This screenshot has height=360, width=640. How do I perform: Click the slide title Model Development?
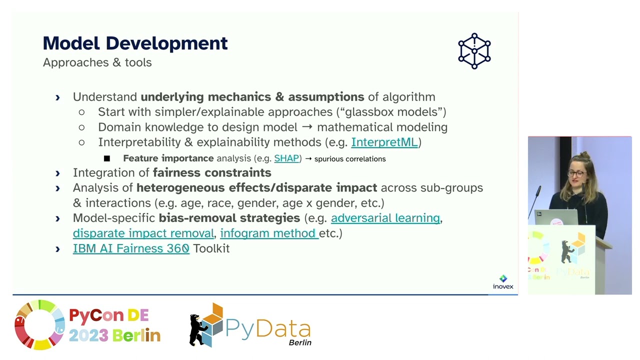pyautogui.click(x=135, y=43)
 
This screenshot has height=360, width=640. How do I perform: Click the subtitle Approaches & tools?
pyautogui.click(x=97, y=62)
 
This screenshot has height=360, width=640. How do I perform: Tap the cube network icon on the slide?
pyautogui.click(x=474, y=51)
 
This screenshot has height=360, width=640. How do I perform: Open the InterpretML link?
pyautogui.click(x=384, y=142)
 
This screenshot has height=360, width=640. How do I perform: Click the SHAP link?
pyautogui.click(x=286, y=158)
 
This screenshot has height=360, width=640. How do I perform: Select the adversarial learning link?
pyautogui.click(x=385, y=218)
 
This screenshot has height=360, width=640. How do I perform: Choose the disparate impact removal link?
pyautogui.click(x=143, y=233)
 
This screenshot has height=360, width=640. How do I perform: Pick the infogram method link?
pyautogui.click(x=268, y=233)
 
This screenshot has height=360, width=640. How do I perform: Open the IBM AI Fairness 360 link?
pyautogui.click(x=131, y=248)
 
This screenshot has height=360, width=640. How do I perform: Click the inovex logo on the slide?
pyautogui.click(x=503, y=282)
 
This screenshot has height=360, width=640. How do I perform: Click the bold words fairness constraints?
pyautogui.click(x=212, y=172)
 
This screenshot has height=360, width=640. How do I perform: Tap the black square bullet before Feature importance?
pyautogui.click(x=107, y=158)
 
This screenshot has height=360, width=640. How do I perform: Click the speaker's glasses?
pyautogui.click(x=576, y=173)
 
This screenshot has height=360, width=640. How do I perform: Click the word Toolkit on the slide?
pyautogui.click(x=211, y=248)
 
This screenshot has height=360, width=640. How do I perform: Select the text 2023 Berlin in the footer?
pyautogui.click(x=114, y=335)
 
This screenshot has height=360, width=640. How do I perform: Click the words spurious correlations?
pyautogui.click(x=350, y=158)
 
